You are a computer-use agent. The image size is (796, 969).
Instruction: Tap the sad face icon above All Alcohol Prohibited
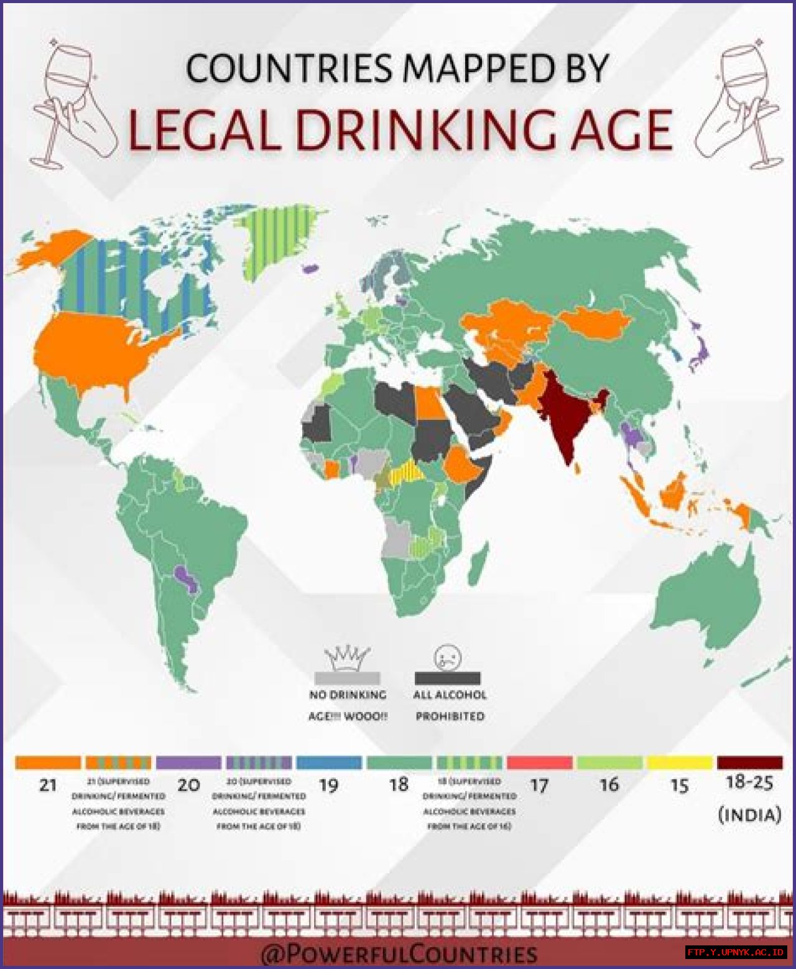pyautogui.click(x=447, y=657)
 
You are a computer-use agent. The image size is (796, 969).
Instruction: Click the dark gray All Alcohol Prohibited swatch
pyautogui.click(x=447, y=677)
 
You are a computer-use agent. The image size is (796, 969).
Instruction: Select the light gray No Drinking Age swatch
pyautogui.click(x=347, y=677)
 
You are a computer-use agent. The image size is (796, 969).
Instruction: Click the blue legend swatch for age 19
pyautogui.click(x=329, y=763)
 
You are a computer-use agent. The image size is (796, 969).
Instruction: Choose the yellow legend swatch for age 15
pyautogui.click(x=680, y=763)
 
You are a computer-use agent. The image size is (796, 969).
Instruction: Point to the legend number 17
pyautogui.click(x=539, y=786)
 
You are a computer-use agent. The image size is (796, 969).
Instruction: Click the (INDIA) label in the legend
pyautogui.click(x=749, y=814)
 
